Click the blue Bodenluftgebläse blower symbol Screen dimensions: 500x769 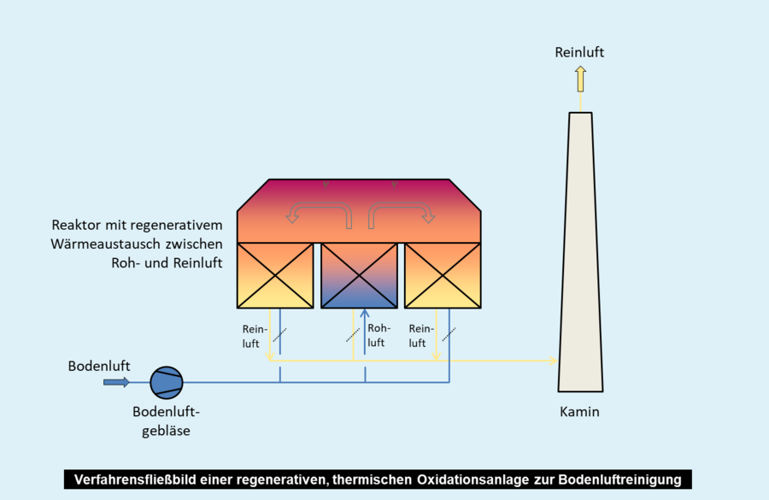click(x=166, y=382)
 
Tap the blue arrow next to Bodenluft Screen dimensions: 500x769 click(x=116, y=382)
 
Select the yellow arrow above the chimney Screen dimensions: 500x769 click(x=580, y=79)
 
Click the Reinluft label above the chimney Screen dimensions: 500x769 click(x=579, y=52)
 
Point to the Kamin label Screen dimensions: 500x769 click(x=579, y=412)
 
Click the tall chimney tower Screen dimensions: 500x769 click(x=580, y=256)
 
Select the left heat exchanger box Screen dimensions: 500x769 click(x=274, y=275)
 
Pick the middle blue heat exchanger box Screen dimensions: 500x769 click(x=359, y=275)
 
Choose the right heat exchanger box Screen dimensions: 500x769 click(x=443, y=275)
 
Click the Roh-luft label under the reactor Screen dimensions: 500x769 click(x=379, y=335)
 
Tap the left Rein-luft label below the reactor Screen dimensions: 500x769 click(x=255, y=335)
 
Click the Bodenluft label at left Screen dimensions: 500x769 click(x=99, y=366)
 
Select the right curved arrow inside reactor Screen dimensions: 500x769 click(x=401, y=211)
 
